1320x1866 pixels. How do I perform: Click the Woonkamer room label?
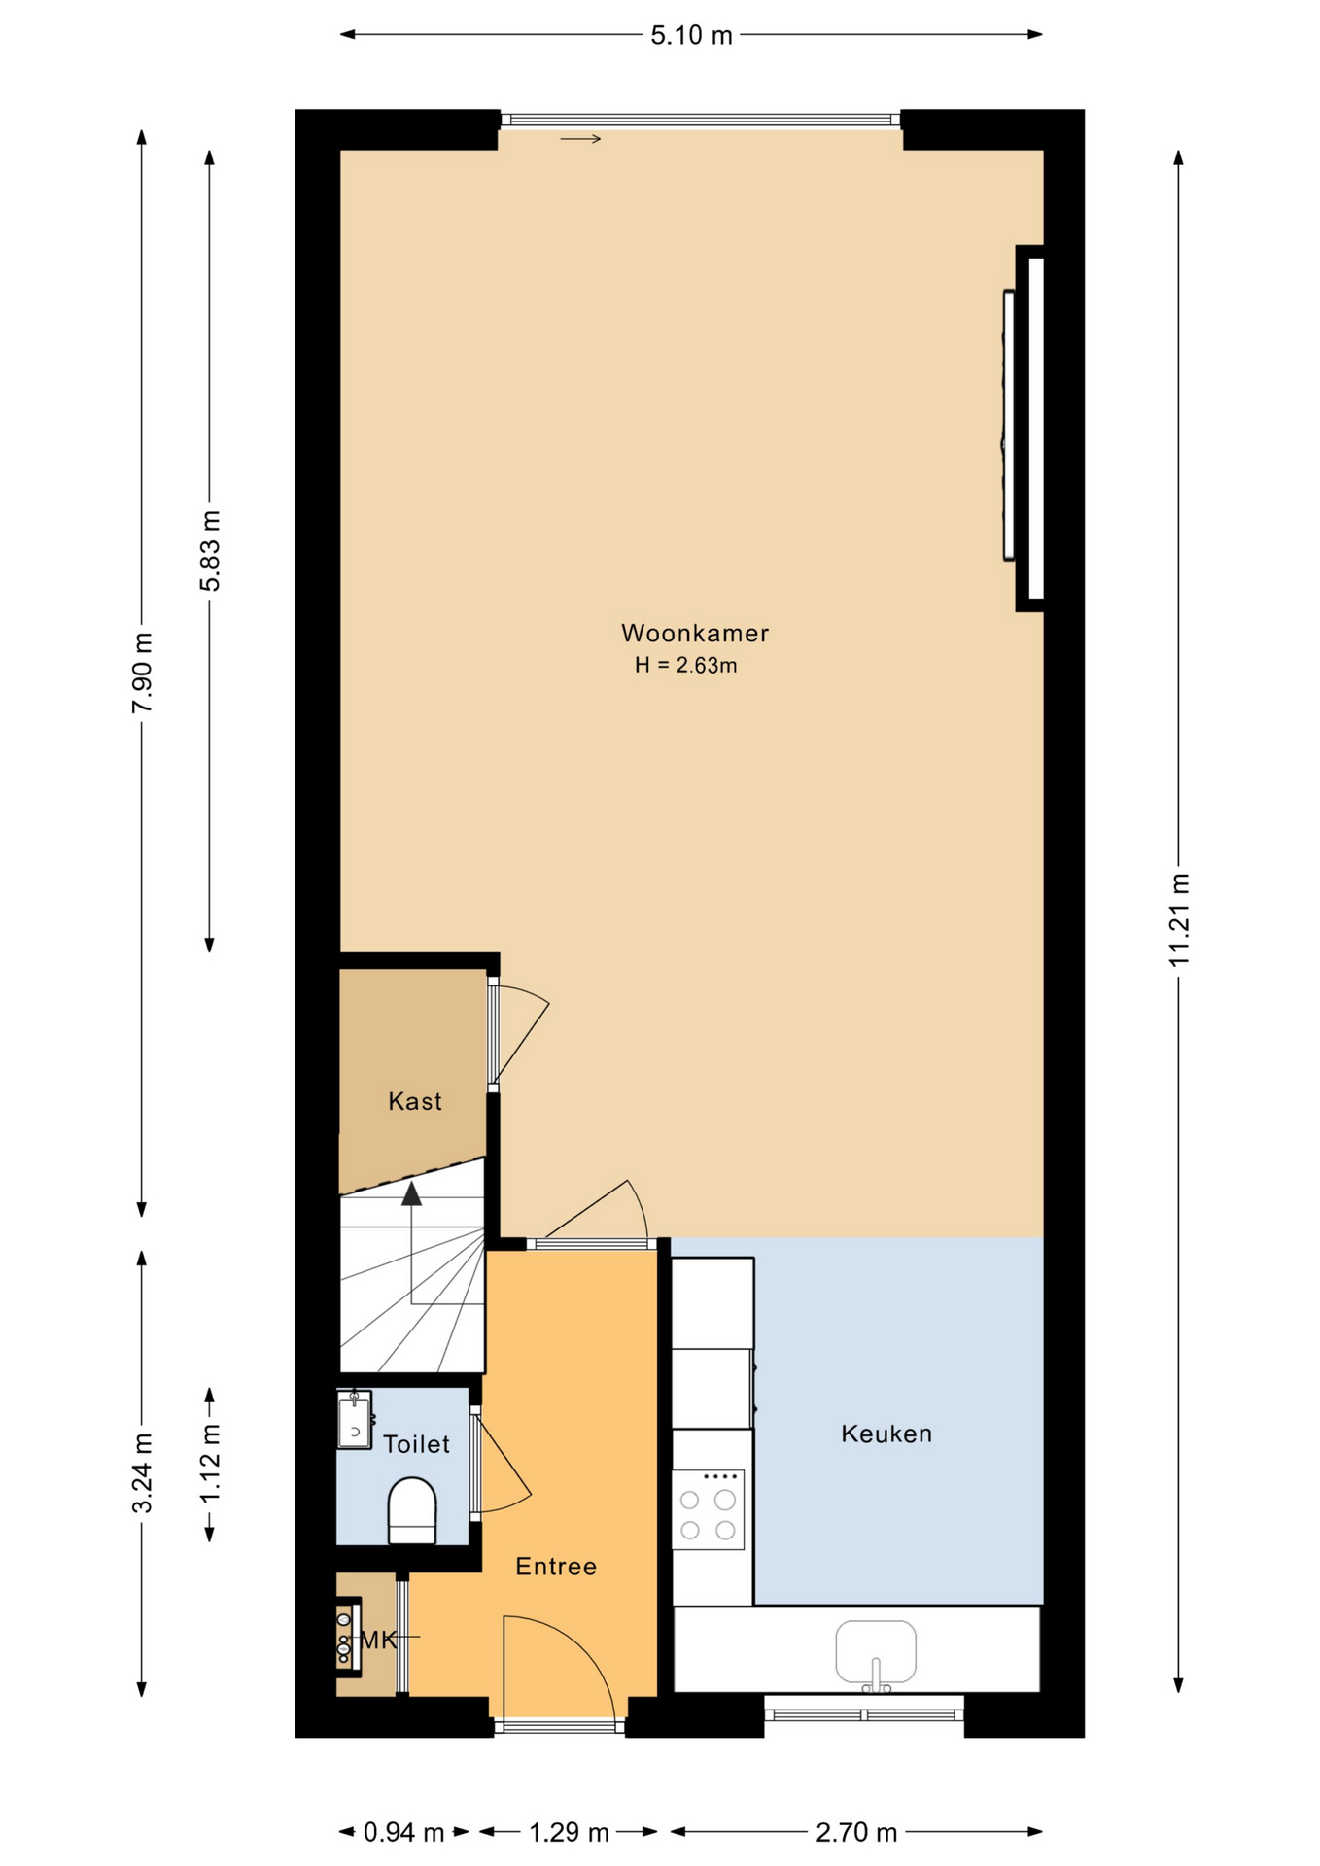695,634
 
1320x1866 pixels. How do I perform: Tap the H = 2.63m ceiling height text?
686,666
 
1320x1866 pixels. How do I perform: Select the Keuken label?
886,1434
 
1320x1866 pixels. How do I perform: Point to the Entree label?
556,1567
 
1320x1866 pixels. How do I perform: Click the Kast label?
415,1101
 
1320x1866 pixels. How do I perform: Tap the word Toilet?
416,1444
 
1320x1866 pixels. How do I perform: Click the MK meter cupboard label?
379,1641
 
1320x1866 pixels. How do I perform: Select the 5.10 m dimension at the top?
691,36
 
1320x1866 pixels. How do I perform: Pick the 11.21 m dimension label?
1179,920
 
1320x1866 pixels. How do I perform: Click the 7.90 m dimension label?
143,673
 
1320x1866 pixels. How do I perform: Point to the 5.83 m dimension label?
210,550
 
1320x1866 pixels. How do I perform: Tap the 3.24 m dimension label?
143,1472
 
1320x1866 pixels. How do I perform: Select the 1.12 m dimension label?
210,1463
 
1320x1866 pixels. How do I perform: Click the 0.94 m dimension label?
403,1832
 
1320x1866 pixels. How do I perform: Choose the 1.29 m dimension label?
569,1832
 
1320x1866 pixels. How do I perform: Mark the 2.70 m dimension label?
856,1832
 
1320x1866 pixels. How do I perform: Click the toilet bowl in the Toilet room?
412,1510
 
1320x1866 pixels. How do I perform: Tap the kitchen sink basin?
876,1651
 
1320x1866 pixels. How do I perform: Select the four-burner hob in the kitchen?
708,1509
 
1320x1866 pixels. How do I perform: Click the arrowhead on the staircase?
412,1193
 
